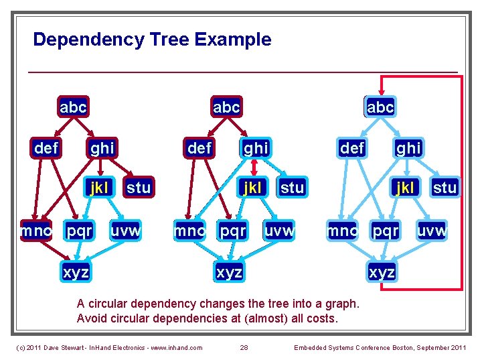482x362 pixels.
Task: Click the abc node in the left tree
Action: tap(73, 107)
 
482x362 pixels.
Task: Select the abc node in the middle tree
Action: tap(226, 107)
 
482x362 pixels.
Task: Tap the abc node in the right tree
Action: tap(380, 107)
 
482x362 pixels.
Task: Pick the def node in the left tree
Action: tap(46, 147)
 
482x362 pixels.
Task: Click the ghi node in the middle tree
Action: tap(255, 147)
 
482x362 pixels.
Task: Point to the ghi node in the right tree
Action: tap(408, 147)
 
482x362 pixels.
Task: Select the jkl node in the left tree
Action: tap(99, 188)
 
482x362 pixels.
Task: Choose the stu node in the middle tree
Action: tap(292, 188)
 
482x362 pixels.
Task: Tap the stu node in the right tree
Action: tap(445, 188)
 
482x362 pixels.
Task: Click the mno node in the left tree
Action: tap(36, 231)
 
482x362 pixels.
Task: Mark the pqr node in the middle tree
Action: tap(233, 231)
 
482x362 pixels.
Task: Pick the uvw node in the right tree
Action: tap(432, 231)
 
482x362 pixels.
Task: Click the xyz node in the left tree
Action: tap(76, 273)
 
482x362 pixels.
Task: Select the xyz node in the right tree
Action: tap(382, 273)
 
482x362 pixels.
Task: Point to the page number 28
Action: tap(244, 347)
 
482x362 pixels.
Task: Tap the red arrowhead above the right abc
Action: tap(382, 93)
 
